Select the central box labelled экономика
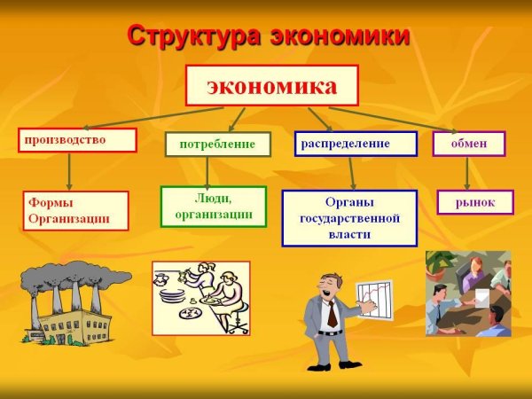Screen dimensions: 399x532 (271, 86)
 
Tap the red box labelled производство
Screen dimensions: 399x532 (77, 140)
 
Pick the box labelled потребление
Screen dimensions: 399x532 (217, 144)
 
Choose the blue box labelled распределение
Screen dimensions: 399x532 (356, 143)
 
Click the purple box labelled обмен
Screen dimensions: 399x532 (468, 144)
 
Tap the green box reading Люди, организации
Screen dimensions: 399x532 (213, 207)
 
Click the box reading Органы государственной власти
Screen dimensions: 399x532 (349, 218)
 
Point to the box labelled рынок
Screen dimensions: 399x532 (475, 203)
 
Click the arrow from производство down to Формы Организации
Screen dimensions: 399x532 (70, 169)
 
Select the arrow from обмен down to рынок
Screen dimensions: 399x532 (467, 172)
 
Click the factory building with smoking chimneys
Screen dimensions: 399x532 (66, 306)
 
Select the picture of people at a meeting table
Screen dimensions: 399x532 (468, 293)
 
